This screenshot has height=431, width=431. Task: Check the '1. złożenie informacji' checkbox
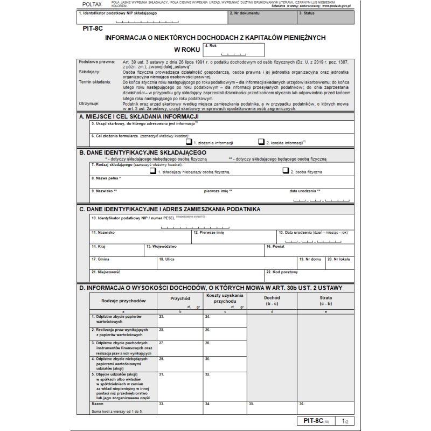pos(189,142)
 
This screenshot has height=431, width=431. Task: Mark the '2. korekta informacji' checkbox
pos(261,142)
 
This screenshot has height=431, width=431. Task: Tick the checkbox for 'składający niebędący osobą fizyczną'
pos(153,171)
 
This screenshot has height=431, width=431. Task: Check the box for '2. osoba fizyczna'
pos(286,171)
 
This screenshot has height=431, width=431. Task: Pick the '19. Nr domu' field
pos(311,263)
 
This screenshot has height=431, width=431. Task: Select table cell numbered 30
pos(224,363)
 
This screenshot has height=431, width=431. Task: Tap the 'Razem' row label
pos(98,404)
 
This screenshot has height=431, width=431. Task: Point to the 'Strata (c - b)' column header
pos(325,301)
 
